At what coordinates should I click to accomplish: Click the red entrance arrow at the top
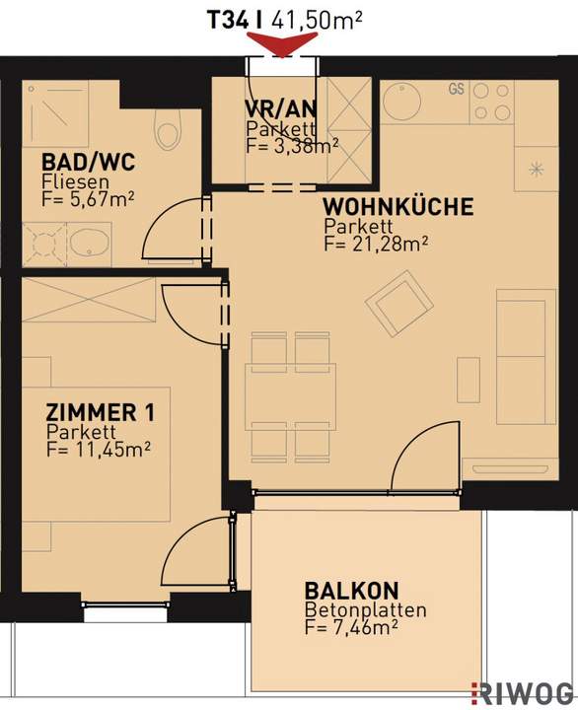282,45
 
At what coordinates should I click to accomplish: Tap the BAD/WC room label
89,162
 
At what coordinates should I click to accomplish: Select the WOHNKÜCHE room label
398,206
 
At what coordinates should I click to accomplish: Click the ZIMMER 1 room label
100,412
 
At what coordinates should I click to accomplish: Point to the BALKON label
351,591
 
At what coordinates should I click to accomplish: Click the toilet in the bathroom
167,129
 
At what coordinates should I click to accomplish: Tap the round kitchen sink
402,101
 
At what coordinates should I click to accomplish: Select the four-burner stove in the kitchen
491,103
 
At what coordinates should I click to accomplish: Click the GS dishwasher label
456,89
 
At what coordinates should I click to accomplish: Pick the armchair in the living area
399,303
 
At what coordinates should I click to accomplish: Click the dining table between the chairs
290,396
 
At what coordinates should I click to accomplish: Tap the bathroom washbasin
90,244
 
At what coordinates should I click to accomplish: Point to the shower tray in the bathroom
55,114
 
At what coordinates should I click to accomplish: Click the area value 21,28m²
389,245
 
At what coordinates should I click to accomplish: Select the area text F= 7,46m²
351,628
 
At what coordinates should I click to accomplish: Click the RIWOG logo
523,693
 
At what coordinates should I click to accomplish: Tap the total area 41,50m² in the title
317,21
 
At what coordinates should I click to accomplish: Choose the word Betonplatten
365,610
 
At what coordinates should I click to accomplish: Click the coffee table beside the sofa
469,380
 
